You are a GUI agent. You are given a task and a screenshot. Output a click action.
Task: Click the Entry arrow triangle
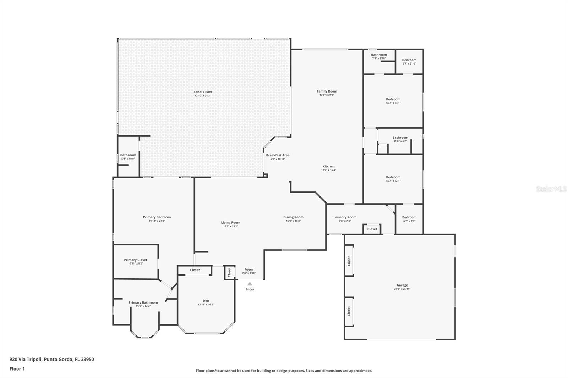tap(250, 284)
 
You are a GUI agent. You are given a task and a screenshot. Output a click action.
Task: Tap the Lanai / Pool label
tap(203, 92)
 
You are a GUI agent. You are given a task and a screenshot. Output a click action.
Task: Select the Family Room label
tap(327, 91)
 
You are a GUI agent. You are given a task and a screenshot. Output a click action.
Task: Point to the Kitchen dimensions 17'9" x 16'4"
tap(328, 170)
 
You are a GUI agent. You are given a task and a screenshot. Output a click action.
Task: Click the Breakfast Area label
tap(278, 155)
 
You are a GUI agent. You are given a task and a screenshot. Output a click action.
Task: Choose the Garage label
tap(402, 285)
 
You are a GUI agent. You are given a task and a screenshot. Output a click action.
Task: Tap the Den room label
tap(206, 301)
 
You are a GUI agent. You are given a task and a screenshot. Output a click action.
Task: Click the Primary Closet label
tap(135, 260)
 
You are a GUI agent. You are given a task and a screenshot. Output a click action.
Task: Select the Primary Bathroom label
tap(143, 302)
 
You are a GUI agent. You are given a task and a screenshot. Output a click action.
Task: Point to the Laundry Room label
tap(345, 217)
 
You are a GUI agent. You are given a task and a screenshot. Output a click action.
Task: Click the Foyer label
tap(249, 269)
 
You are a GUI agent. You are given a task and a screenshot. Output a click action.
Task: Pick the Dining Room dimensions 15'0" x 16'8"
tap(293, 221)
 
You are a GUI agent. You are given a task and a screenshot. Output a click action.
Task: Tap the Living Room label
tap(230, 223)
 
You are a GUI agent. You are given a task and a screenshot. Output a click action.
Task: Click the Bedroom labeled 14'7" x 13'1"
tap(393, 99)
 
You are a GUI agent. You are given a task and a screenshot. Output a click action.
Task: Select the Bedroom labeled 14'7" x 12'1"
tap(393, 177)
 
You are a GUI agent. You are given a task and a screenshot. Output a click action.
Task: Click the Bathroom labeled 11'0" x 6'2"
tap(400, 138)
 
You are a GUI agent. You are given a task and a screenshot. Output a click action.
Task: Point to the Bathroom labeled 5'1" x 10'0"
tap(128, 155)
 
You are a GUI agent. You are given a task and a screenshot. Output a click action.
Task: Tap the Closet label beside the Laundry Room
tap(372, 229)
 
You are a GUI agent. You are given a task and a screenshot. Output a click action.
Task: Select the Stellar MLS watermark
tap(551, 189)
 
